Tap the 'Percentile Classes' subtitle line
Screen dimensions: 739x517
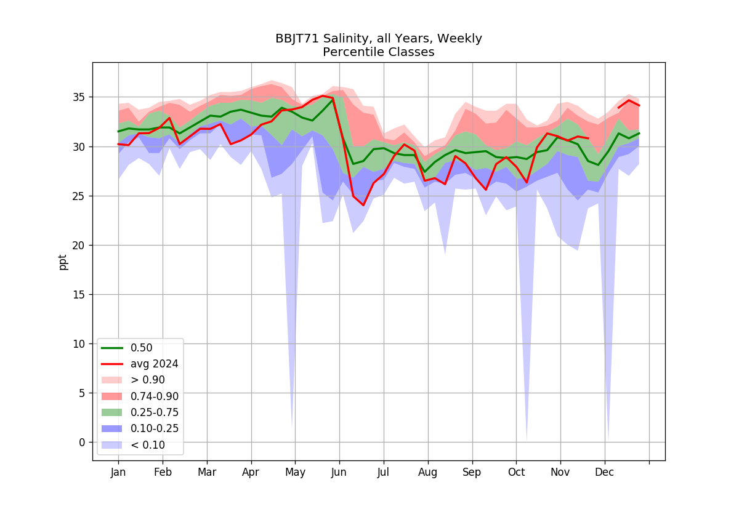click(x=378, y=52)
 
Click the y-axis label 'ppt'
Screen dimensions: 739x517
click(x=62, y=262)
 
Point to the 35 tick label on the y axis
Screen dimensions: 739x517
click(x=79, y=97)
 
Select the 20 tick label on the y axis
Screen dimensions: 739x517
click(x=79, y=246)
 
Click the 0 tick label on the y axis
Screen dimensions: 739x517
click(x=82, y=443)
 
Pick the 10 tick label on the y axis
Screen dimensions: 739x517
click(x=79, y=344)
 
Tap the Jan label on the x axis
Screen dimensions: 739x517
click(x=118, y=473)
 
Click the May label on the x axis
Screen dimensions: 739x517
click(x=295, y=473)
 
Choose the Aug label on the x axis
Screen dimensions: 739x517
click(x=428, y=473)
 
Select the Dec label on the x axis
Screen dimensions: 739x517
click(x=604, y=473)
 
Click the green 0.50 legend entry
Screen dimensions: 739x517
click(x=127, y=348)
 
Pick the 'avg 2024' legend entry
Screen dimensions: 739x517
click(x=140, y=364)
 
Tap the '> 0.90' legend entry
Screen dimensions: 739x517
click(x=133, y=380)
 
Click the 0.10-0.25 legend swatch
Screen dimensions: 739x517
click(x=111, y=428)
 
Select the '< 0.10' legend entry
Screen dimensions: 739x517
click(x=133, y=445)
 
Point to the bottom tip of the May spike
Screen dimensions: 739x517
click(x=293, y=428)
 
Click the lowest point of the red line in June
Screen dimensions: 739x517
click(x=363, y=206)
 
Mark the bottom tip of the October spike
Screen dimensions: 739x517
click(x=527, y=441)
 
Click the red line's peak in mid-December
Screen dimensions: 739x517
click(x=629, y=100)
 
